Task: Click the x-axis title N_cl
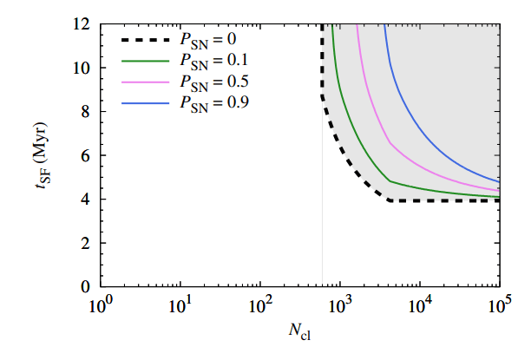coord(299,335)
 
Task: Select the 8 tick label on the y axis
coord(86,112)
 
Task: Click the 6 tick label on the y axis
coord(86,155)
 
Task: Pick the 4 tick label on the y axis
coord(86,200)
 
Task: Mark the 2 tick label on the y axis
coord(86,243)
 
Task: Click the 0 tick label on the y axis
coord(86,286)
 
